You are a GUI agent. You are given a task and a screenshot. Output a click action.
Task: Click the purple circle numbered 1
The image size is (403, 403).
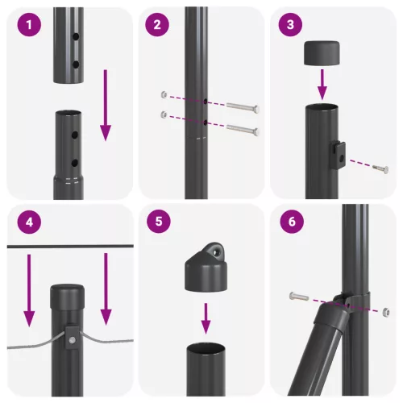[30, 26]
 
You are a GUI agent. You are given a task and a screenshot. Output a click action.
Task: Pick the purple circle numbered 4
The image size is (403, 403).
[30, 224]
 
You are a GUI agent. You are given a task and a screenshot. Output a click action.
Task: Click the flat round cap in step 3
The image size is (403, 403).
[321, 56]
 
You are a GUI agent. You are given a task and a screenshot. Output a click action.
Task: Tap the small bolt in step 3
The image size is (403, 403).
[380, 169]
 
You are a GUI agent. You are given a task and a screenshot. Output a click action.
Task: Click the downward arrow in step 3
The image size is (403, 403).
[321, 84]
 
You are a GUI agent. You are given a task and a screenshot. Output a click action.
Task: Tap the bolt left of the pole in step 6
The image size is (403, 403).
[297, 296]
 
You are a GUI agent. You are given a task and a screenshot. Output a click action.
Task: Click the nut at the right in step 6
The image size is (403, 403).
[388, 311]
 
